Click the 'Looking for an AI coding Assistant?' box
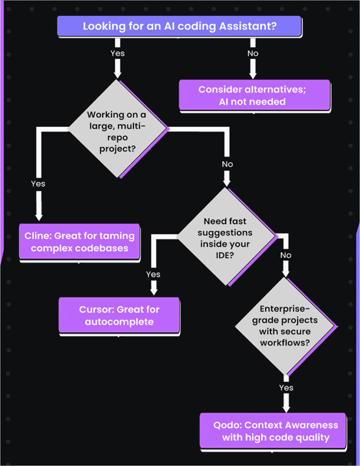click(179, 26)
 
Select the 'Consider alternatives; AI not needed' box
click(254, 95)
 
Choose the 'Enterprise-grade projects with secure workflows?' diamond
click(285, 326)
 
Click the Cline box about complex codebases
click(79, 242)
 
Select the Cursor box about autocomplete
click(119, 315)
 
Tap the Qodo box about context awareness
click(272, 431)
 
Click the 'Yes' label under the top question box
click(117, 53)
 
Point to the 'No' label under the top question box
click(253, 53)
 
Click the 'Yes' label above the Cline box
click(38, 184)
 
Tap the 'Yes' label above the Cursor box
click(153, 274)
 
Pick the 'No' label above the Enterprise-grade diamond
click(285, 255)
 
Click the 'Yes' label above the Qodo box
click(286, 388)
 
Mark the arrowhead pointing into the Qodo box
click(286, 407)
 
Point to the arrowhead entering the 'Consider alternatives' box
click(253, 74)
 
